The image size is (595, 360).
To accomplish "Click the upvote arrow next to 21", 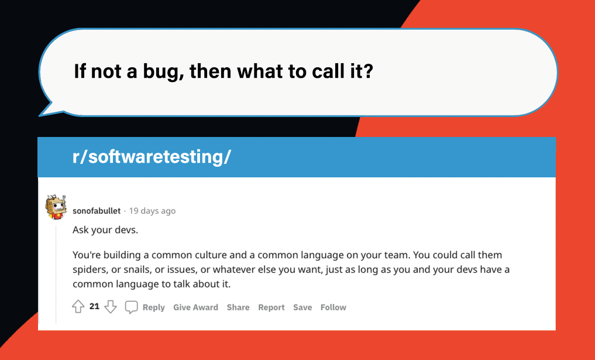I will coord(78,307).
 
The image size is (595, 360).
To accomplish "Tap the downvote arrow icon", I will coord(111,307).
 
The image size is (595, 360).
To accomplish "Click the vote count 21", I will coord(94,306).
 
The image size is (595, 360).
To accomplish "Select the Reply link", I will coord(153,307).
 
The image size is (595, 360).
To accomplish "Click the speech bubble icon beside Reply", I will coord(132,307).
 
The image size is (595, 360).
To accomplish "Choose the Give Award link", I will coord(195,307).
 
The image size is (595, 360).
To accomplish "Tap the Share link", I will coord(238,307).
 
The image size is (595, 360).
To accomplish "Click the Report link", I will coord(271,307).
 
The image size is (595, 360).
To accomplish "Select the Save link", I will coord(302,307).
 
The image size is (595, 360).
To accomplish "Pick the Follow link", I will coord(333,307).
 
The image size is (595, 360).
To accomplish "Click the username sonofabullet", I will coord(97,211).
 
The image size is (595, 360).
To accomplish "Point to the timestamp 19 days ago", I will coord(152,211).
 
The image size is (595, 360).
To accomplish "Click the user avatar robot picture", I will coord(56,207).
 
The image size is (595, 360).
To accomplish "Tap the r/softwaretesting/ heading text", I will coord(149,157).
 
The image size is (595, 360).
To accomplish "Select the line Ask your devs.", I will coord(105,229).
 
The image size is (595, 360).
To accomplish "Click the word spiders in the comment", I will coord(89,269).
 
